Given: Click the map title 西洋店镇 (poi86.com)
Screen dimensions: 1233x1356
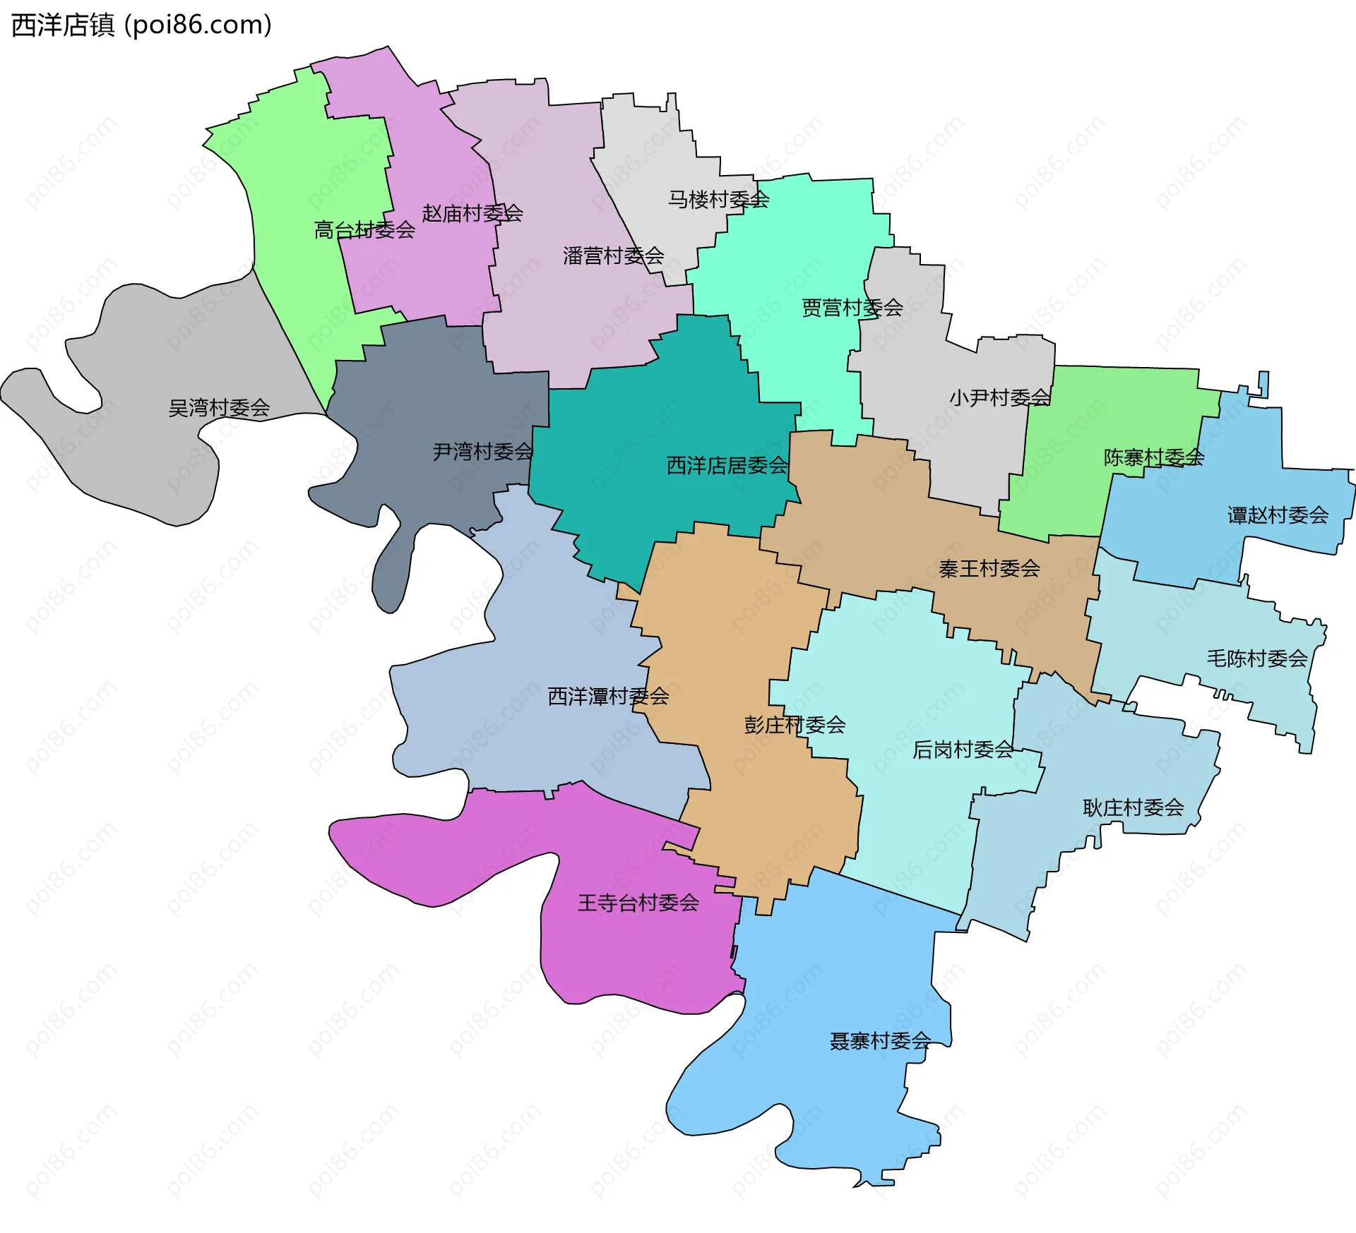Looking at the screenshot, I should click(141, 25).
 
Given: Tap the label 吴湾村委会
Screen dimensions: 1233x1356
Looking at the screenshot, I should click(219, 408).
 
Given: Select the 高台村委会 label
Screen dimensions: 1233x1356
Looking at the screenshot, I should click(364, 230).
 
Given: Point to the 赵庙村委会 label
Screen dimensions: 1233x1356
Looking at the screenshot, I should click(472, 213).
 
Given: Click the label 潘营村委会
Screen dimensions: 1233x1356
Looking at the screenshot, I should click(614, 255).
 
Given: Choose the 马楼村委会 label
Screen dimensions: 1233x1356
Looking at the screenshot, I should click(719, 200).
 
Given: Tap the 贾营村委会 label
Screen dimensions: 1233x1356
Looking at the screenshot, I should click(852, 308).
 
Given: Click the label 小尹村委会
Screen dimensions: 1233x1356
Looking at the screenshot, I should click(1000, 398).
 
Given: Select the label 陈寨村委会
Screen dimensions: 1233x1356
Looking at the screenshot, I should click(1154, 457).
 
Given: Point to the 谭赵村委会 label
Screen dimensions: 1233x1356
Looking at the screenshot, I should click(1278, 515).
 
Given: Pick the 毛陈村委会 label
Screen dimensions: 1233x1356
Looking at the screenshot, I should click(1257, 658).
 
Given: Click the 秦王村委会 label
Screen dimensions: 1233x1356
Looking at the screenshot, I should click(989, 569).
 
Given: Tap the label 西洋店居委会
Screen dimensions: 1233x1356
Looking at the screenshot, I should click(727, 466).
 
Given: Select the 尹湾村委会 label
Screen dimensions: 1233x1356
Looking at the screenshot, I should click(483, 452).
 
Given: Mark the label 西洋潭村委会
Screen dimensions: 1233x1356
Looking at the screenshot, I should click(608, 697).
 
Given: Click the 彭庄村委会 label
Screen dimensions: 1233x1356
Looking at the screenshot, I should click(795, 725).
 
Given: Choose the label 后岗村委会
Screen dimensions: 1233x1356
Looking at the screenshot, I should click(963, 750).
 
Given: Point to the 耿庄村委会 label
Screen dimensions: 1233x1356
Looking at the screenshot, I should click(1134, 808).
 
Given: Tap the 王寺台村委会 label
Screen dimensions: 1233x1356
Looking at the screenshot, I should click(638, 903).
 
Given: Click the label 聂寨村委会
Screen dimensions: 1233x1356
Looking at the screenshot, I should click(880, 1041).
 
